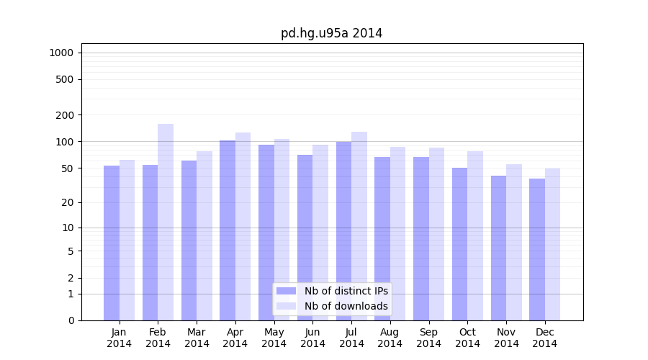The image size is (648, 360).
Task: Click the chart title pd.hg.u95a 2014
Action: pos(331,34)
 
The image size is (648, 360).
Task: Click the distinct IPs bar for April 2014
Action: pos(228,230)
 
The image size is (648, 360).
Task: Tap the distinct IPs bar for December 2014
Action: pos(537,249)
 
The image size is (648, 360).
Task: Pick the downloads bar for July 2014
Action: pos(359,226)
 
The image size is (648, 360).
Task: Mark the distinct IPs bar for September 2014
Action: pos(421,238)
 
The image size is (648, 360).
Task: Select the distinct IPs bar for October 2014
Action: pos(460,244)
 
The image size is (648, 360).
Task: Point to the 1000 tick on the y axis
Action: pos(61,53)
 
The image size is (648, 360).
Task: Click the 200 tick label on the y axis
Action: pos(65,115)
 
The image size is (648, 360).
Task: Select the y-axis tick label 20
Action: pos(68,202)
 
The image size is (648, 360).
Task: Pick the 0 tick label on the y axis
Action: pos(71,320)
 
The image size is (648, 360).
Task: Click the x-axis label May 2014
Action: pos(274,338)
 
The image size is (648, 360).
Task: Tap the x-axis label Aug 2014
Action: pos(390,338)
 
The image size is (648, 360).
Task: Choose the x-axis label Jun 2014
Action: pos(313,338)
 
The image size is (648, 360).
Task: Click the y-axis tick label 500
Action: pos(65,79)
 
